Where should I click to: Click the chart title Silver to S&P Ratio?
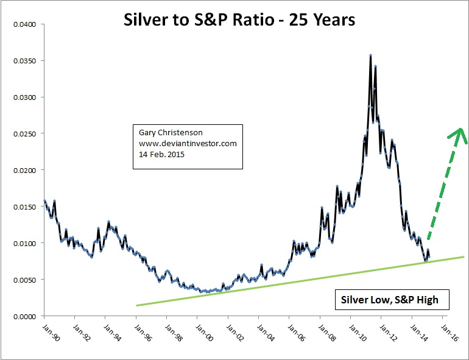[x=239, y=19]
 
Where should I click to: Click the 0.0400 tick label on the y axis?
[x=25, y=24]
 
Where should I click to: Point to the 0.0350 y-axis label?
[x=25, y=61]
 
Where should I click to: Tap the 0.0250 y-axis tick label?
[x=25, y=133]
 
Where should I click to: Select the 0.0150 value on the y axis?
[x=25, y=206]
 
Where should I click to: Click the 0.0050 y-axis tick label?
[x=25, y=280]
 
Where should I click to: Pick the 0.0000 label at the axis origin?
[x=25, y=316]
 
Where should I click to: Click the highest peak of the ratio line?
[x=370, y=55]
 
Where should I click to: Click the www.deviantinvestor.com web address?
[x=184, y=143]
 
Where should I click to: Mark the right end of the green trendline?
[x=464, y=257]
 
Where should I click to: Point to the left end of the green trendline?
[x=136, y=305]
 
